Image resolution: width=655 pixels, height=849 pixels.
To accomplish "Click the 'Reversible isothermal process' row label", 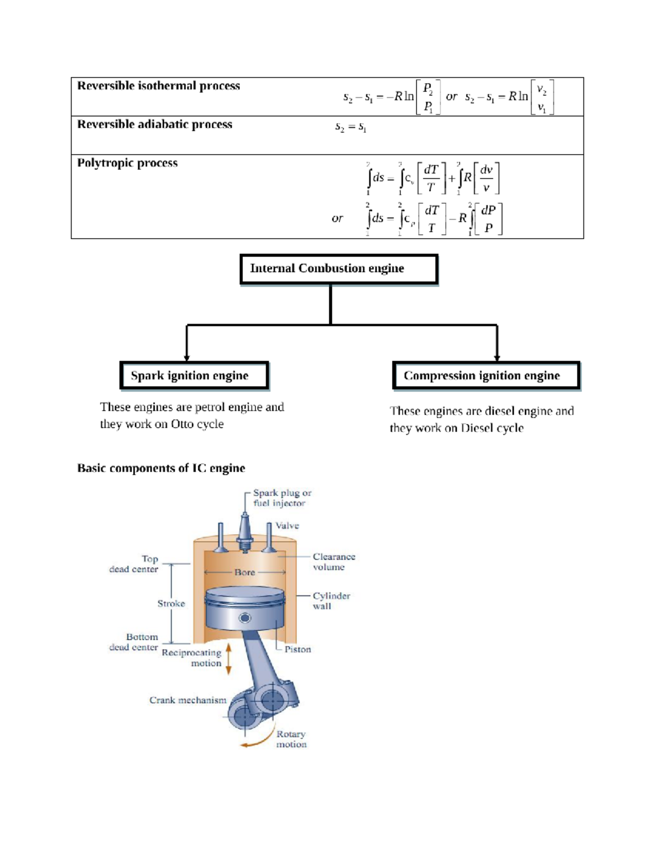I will (158, 86).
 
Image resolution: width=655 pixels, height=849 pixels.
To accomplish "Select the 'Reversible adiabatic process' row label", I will (154, 125).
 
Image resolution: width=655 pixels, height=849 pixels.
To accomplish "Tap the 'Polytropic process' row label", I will (127, 163).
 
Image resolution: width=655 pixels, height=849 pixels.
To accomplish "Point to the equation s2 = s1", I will (350, 127).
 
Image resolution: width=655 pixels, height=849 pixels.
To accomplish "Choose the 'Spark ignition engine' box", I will (194, 376).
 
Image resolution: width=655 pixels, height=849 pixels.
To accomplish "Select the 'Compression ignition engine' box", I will (485, 376).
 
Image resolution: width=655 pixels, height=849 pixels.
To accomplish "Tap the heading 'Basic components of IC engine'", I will (161, 468).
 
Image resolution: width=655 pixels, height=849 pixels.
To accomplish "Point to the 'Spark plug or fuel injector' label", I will (282, 498).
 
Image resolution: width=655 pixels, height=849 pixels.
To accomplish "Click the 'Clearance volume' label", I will (334, 562).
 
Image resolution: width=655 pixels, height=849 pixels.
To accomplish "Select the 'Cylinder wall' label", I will (331, 600).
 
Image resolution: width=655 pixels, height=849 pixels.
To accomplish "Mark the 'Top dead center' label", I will (134, 564).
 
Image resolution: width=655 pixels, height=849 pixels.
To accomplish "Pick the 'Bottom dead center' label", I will (134, 642).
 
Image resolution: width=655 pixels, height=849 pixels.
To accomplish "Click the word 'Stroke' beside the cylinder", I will (171, 603).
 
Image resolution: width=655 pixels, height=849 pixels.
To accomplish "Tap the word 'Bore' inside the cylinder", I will (245, 572).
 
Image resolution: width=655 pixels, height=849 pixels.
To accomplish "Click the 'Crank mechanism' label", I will (187, 700).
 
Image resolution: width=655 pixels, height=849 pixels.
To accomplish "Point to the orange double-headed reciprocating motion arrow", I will (229, 658).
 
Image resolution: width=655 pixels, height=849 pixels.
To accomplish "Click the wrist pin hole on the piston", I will (245, 618).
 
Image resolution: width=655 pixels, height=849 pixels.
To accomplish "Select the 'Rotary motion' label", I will (291, 739).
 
